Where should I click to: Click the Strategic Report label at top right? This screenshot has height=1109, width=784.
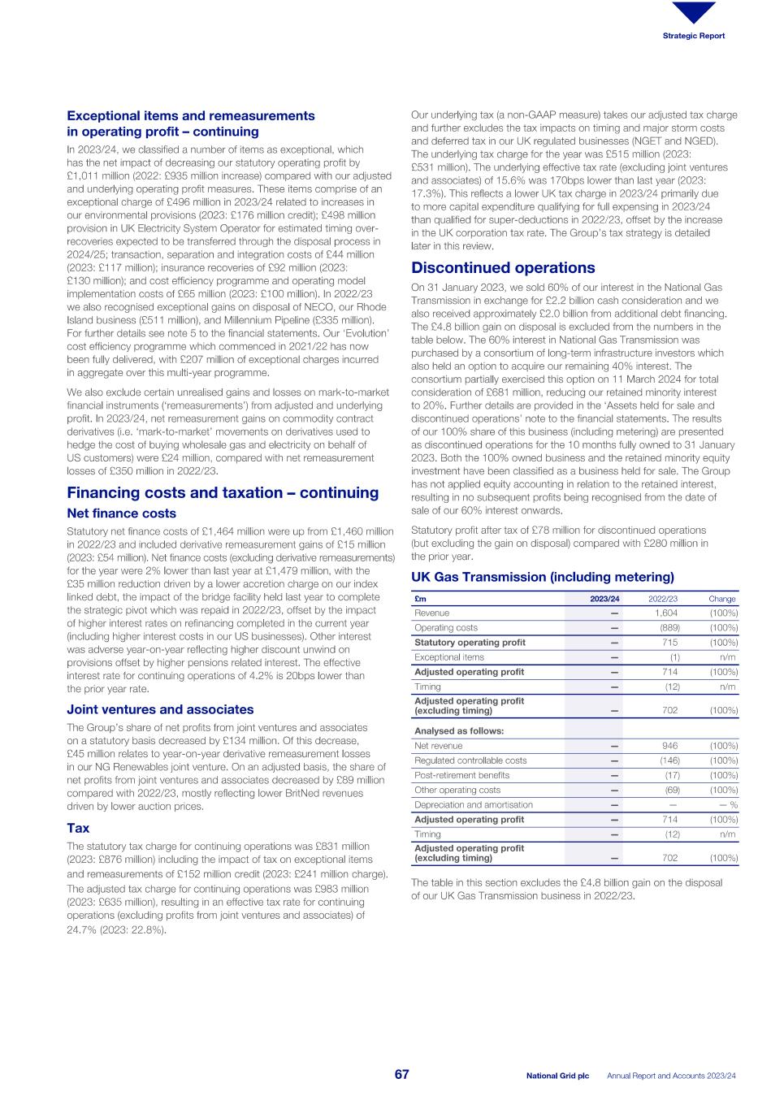693,36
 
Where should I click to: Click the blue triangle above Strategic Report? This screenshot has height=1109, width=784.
694,12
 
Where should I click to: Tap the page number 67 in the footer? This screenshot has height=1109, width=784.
402,1075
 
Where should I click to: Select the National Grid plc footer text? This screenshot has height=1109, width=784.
557,1076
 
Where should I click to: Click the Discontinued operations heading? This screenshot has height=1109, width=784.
503,268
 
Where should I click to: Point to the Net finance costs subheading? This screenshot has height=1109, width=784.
121,513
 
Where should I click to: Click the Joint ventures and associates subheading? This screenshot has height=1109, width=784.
160,709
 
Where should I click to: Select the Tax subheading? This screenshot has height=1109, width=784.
78,828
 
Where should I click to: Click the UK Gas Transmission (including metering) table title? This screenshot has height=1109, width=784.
543,577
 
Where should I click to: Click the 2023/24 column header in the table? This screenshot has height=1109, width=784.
604,599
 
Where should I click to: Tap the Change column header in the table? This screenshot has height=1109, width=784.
721,599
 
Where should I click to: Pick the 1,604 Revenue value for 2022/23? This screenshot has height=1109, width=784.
666,613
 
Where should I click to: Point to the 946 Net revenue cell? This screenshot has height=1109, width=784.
669,746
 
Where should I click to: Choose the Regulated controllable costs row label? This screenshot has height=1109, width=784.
470,760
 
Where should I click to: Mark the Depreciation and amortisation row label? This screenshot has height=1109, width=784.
474,804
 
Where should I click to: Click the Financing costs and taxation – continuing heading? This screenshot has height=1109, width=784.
223,493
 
